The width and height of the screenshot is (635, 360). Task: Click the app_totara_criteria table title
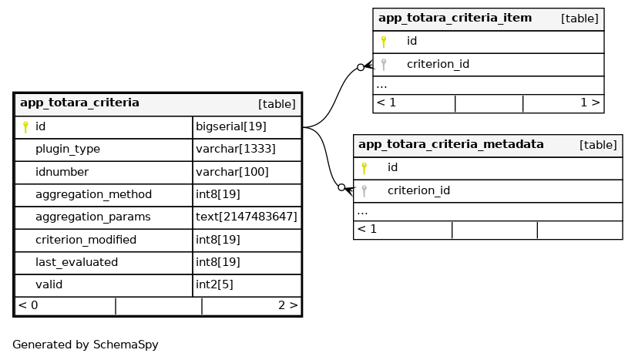click(79, 103)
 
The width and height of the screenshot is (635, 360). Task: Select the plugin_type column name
click(68, 150)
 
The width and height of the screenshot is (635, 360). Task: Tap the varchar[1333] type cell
click(236, 150)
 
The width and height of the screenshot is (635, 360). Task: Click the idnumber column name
click(62, 172)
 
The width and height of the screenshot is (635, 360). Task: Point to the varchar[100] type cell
click(232, 172)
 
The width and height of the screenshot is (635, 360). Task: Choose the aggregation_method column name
click(93, 195)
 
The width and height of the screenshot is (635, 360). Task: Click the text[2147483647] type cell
click(247, 217)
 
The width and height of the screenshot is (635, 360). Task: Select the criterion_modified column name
click(86, 241)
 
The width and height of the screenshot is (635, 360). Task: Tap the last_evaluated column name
click(76, 263)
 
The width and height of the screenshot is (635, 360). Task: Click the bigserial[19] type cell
click(231, 126)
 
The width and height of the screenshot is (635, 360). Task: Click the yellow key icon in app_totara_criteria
click(25, 127)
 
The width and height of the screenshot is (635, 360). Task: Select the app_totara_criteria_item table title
click(455, 19)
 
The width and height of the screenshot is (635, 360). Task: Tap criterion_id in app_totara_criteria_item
click(438, 65)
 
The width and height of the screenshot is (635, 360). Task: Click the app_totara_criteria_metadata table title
click(451, 145)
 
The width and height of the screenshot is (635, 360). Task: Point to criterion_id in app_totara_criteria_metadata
click(418, 191)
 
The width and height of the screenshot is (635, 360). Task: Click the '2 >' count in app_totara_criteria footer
click(287, 305)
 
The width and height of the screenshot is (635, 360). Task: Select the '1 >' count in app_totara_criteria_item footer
click(590, 103)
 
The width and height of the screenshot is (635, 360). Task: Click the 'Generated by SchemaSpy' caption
click(86, 345)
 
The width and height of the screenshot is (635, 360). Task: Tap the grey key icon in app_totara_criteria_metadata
click(365, 190)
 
